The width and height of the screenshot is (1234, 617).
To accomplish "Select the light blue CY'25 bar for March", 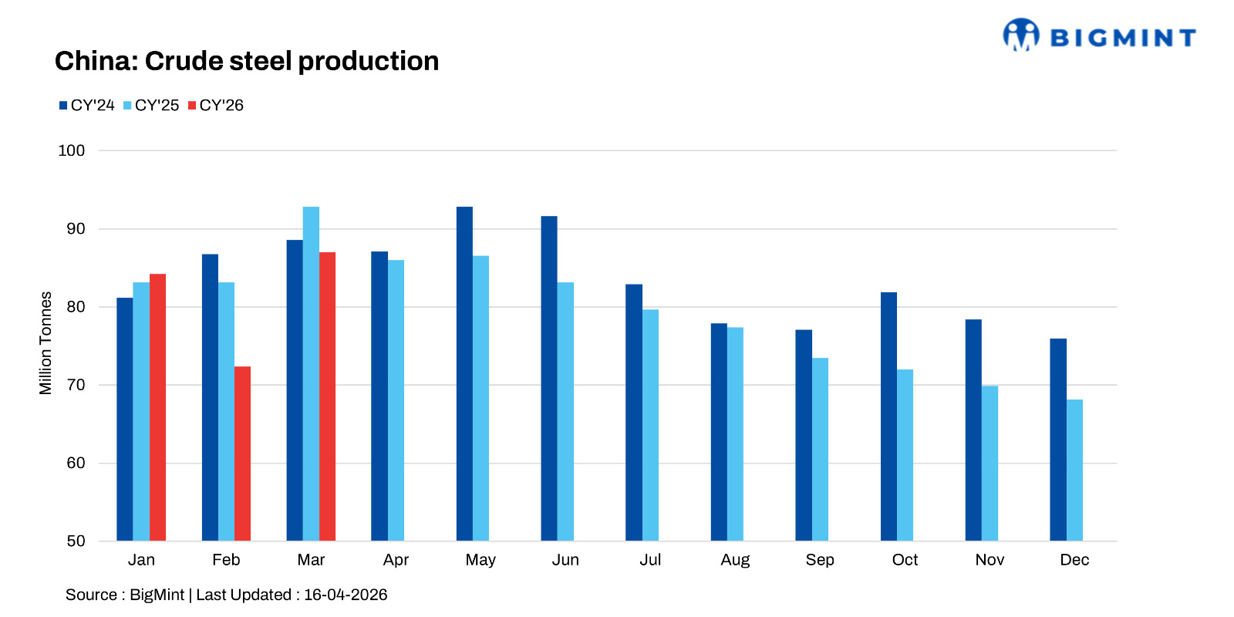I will (x=311, y=374).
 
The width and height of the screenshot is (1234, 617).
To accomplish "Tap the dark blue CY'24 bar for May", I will (x=464, y=374).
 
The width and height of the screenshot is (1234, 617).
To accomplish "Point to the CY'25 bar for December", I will (x=1074, y=470).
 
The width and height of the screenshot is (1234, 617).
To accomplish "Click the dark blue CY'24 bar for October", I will (x=888, y=416).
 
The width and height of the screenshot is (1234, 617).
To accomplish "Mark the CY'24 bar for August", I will (x=719, y=432).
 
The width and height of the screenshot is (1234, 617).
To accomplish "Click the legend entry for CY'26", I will (x=216, y=106).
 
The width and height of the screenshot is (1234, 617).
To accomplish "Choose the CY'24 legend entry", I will (x=87, y=106).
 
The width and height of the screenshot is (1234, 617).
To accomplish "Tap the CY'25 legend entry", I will (x=151, y=106).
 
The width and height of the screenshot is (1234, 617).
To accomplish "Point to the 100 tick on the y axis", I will (x=72, y=150).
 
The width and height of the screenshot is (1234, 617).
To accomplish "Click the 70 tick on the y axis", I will (x=76, y=385).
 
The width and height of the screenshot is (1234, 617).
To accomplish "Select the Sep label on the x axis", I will (x=820, y=560).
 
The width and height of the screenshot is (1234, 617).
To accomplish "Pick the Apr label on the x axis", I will (x=396, y=560).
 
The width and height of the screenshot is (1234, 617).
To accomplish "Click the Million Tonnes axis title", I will (x=46, y=343).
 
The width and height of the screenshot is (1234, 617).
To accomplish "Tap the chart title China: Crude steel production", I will (x=247, y=61).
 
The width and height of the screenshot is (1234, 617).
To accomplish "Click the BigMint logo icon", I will (x=1020, y=35).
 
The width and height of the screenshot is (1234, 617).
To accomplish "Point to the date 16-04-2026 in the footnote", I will (x=346, y=595).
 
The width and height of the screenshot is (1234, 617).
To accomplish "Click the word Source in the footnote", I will (x=91, y=595).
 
